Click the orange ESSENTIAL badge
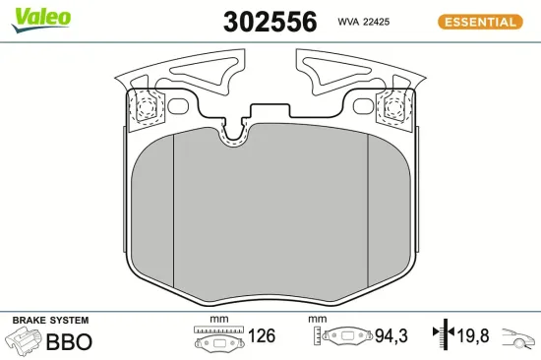point(479,22)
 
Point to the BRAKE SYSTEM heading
point(50,321)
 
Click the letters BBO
point(69,342)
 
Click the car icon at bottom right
point(518,337)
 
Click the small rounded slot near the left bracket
point(179,105)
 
